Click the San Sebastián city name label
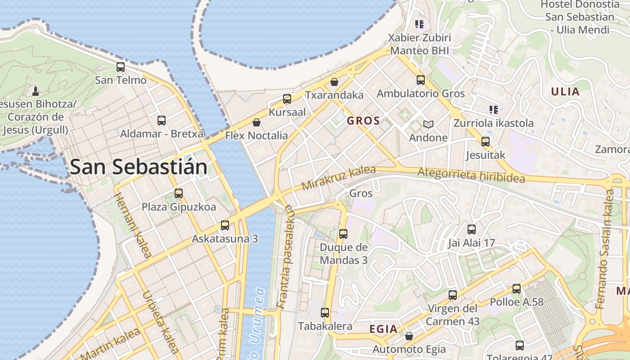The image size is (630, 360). tap(139, 167)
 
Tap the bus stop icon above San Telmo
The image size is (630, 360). tap(121, 67)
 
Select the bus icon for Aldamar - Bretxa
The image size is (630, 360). tap(162, 121)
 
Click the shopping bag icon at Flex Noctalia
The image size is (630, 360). tap(256, 122)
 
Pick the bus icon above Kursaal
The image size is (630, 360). tap(287, 99)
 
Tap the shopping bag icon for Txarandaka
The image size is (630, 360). tap(334, 82)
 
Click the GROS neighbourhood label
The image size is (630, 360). tap(364, 121)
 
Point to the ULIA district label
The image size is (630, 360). tap(565, 92)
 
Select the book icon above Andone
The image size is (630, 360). tap(428, 124)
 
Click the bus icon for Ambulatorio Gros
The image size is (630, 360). tap(421, 80)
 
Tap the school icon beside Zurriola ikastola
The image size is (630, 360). tap(494, 109)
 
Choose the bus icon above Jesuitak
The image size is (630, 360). tap(486, 142)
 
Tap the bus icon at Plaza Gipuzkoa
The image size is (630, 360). tap(179, 193)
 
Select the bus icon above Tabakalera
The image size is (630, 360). tap(325, 312)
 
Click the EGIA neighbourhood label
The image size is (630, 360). tap(383, 329)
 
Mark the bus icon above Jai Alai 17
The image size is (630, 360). tap(472, 229)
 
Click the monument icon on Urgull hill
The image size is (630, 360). tap(36, 91)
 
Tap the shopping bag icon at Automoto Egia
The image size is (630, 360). tap(409, 336)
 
